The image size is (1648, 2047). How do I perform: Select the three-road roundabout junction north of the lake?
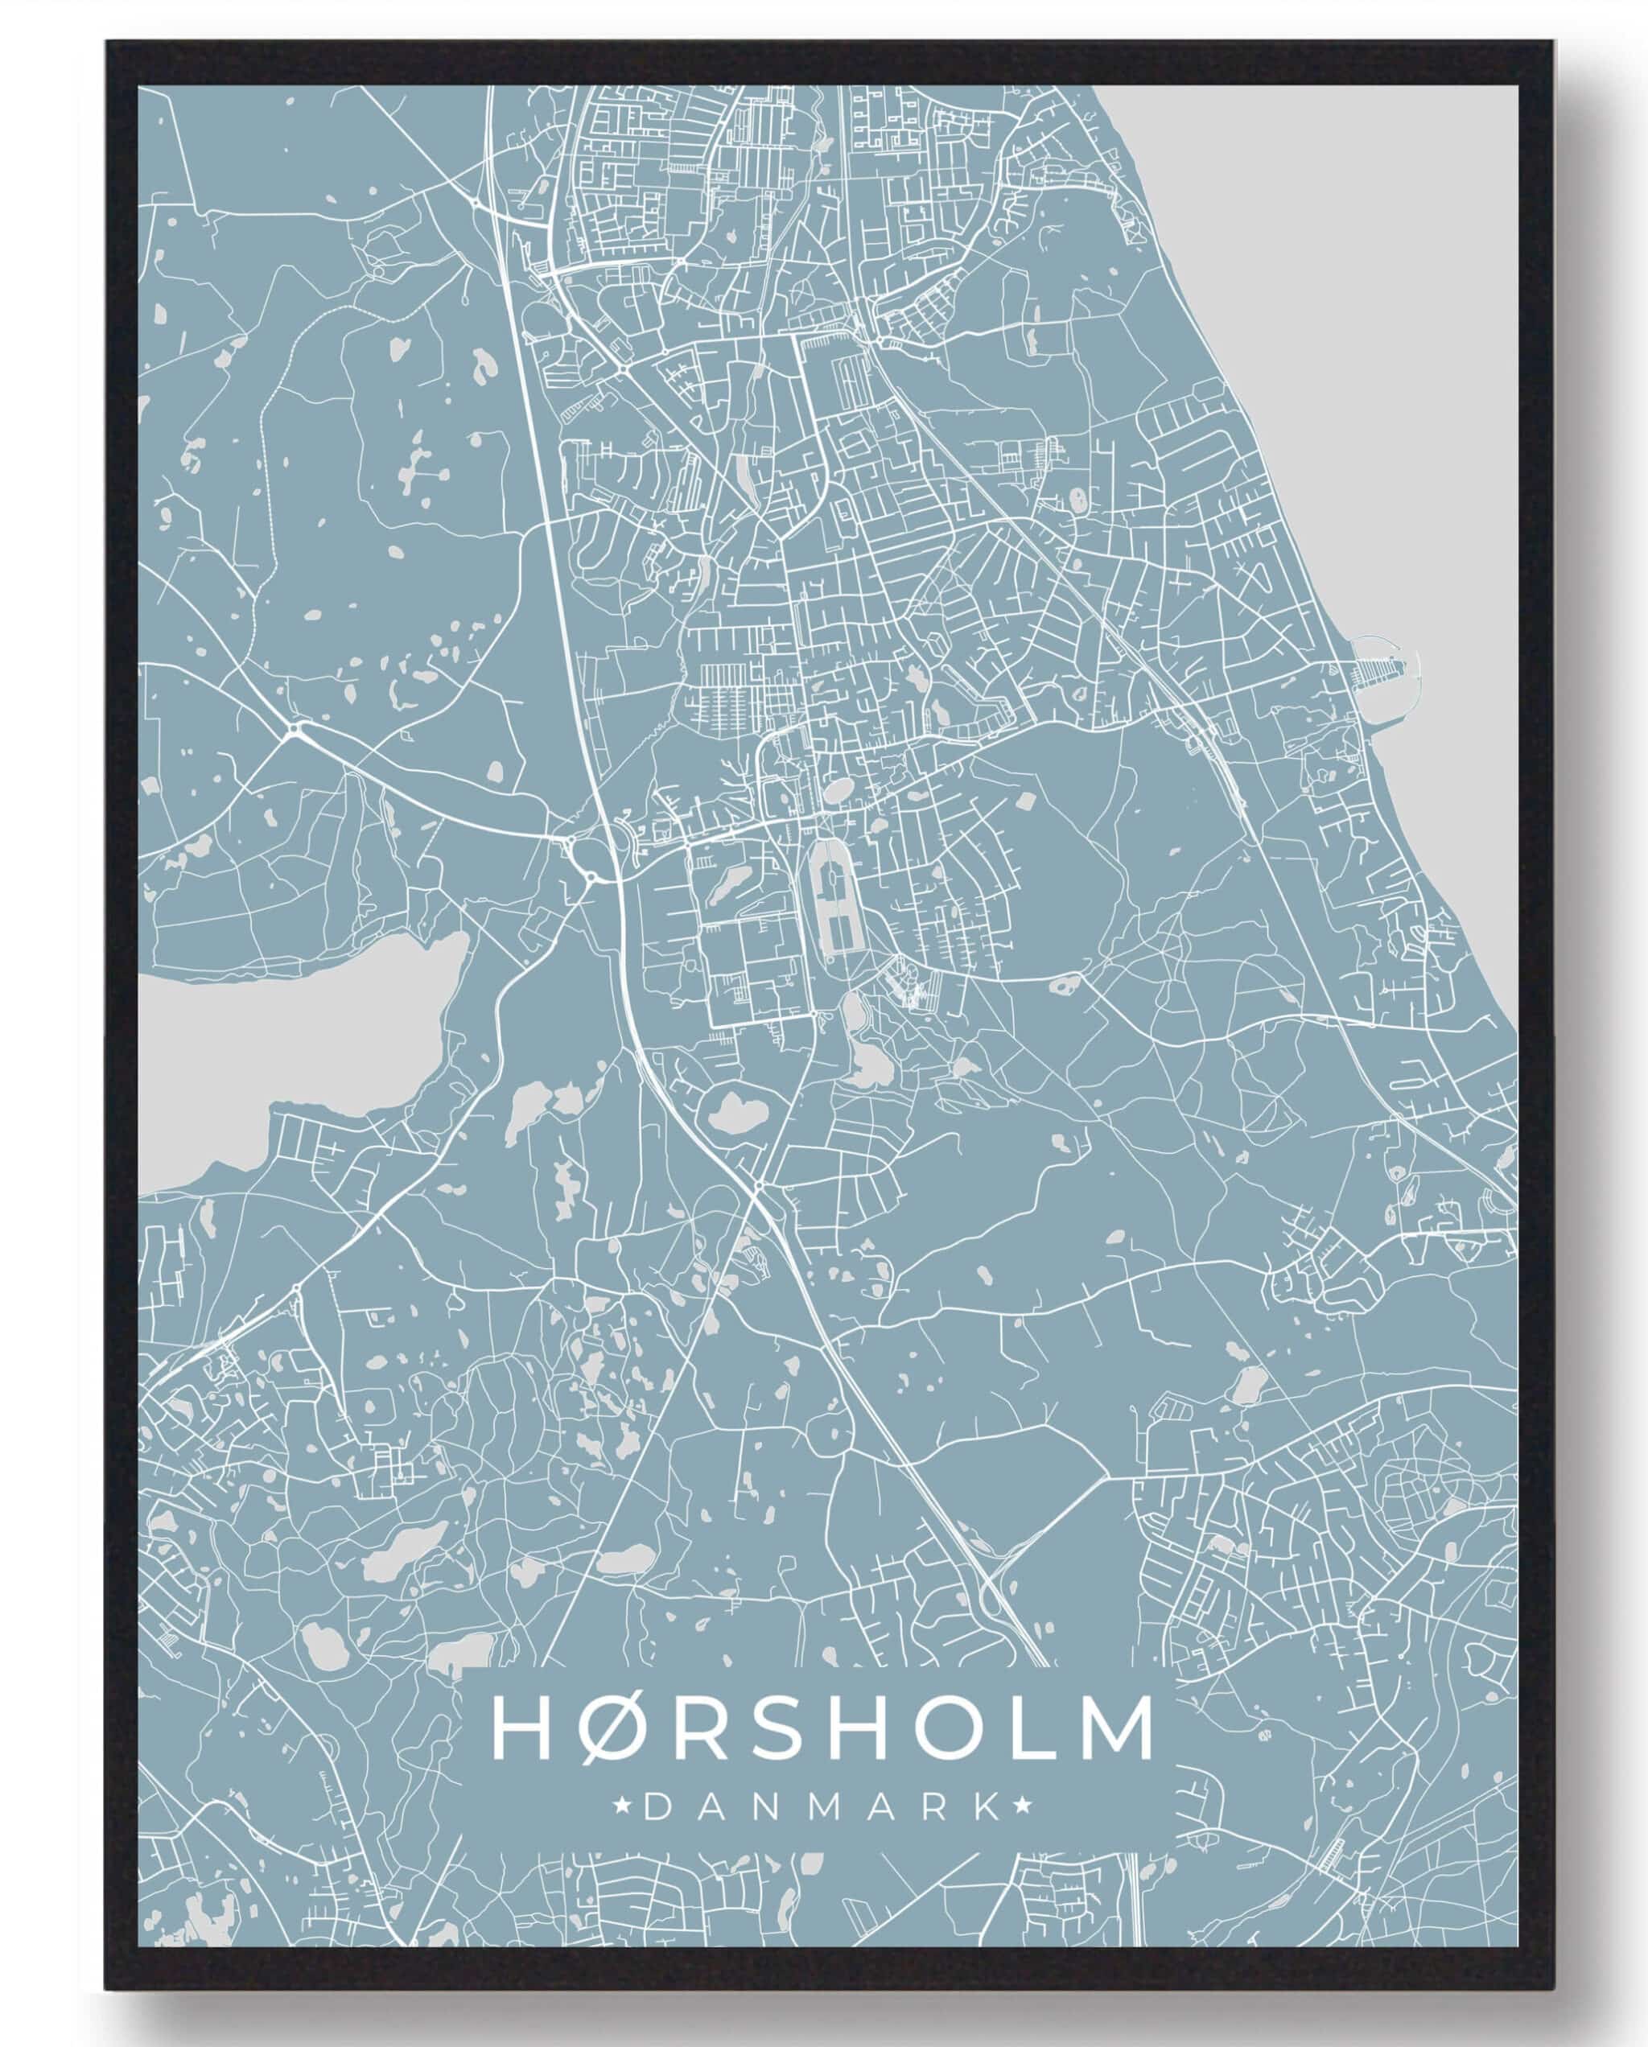296,730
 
